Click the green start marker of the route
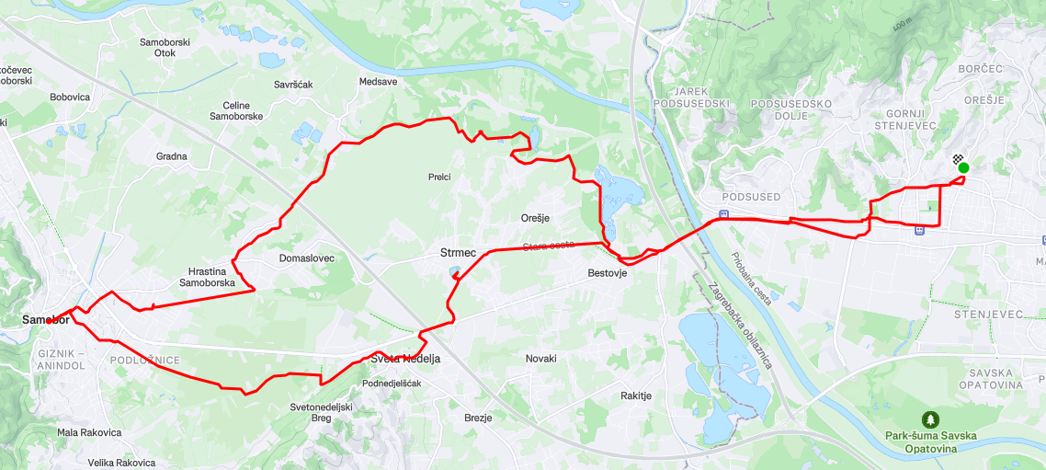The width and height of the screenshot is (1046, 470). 963,167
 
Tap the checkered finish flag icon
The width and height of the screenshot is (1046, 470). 957,159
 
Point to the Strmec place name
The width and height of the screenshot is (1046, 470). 457,252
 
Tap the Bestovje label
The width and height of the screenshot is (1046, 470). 607,273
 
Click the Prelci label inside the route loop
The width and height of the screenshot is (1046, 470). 439,177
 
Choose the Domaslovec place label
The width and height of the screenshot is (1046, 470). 307,258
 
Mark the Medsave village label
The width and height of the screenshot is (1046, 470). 378,82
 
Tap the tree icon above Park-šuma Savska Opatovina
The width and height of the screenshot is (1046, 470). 931,419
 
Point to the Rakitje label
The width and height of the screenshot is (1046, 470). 636,395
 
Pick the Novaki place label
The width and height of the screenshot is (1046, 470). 540,359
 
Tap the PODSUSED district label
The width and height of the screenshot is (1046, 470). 752,197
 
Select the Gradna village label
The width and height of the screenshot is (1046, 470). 172,156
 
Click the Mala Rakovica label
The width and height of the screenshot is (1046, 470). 89,432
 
